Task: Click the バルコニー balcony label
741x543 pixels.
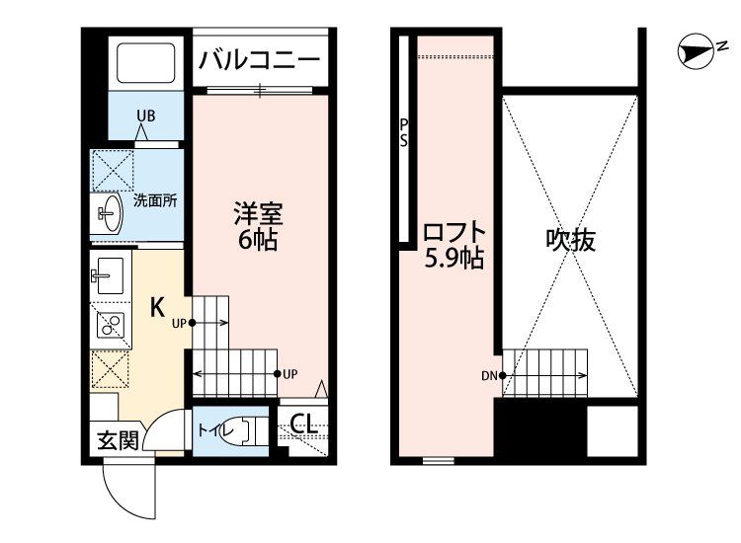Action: coord(260,61)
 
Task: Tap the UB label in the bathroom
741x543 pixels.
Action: coord(145,116)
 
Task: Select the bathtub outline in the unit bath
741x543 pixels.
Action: coord(145,63)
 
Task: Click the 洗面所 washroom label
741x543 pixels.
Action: coord(155,200)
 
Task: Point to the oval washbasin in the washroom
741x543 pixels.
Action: coord(110,213)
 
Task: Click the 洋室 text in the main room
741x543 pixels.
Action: coord(258,214)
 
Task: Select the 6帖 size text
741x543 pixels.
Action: coord(258,241)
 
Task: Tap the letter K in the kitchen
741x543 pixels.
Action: coord(157,307)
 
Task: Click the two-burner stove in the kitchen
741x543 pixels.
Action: coord(111,325)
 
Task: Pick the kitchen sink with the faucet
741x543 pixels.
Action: coord(109,275)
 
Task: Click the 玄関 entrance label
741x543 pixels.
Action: coord(118,441)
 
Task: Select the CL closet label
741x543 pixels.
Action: coord(303,424)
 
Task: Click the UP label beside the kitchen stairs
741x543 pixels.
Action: coord(179,324)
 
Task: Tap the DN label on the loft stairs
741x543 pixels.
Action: coord(489,376)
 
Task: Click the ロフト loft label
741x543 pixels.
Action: coord(454,232)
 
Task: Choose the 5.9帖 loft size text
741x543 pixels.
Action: coord(454,259)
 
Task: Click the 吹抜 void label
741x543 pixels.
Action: coord(570,240)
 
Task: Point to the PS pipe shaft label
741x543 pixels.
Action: coord(403,132)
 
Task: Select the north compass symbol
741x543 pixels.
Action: coord(697,51)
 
